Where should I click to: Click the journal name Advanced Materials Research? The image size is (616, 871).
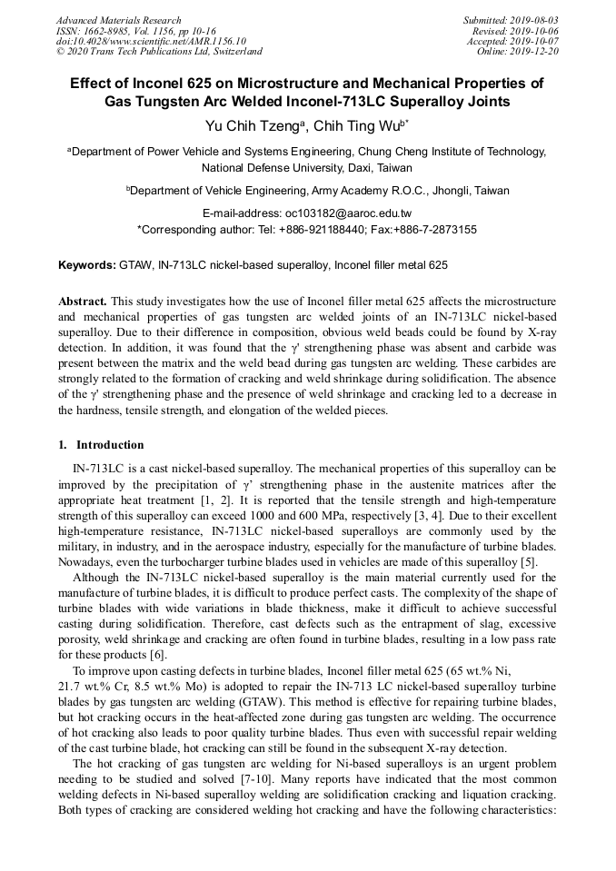click(118, 20)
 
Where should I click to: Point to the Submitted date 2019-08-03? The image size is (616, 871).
click(533, 20)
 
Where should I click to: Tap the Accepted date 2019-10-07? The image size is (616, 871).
click(533, 41)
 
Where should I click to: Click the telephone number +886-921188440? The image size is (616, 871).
click(321, 230)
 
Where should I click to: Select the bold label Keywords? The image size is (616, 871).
click(87, 265)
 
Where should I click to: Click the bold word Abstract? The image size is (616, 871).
click(84, 301)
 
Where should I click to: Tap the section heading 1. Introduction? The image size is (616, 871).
click(101, 445)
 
